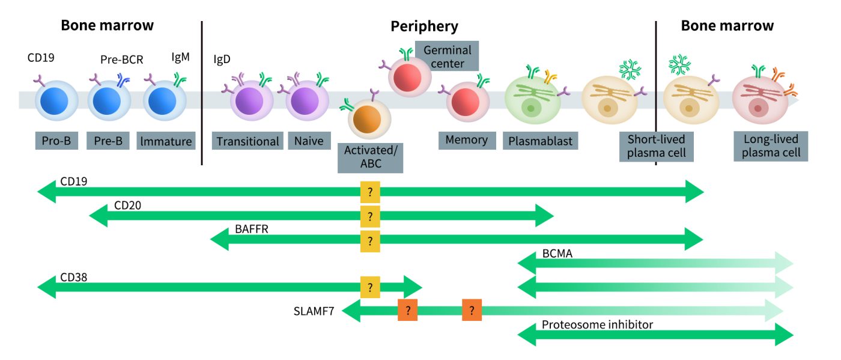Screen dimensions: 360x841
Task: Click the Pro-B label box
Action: (x=56, y=142)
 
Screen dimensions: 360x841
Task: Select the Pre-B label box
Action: (x=109, y=142)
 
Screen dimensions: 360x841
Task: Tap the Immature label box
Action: (x=166, y=142)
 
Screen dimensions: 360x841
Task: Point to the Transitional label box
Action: (x=248, y=142)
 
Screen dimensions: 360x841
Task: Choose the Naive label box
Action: (x=309, y=142)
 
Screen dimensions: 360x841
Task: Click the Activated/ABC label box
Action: (x=370, y=157)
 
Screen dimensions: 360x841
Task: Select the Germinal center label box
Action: (x=447, y=56)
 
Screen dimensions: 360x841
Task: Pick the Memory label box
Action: (x=466, y=141)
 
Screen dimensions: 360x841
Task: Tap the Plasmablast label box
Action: (x=540, y=142)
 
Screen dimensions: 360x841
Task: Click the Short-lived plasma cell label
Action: (x=657, y=146)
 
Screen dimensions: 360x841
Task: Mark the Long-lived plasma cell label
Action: (x=771, y=146)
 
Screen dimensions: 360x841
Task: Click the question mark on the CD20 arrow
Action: (x=370, y=216)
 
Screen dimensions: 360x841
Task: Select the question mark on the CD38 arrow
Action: (x=370, y=287)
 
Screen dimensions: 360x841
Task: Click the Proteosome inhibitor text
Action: (x=597, y=325)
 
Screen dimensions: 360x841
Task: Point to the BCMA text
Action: (x=557, y=254)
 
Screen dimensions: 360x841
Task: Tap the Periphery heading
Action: (x=424, y=26)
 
